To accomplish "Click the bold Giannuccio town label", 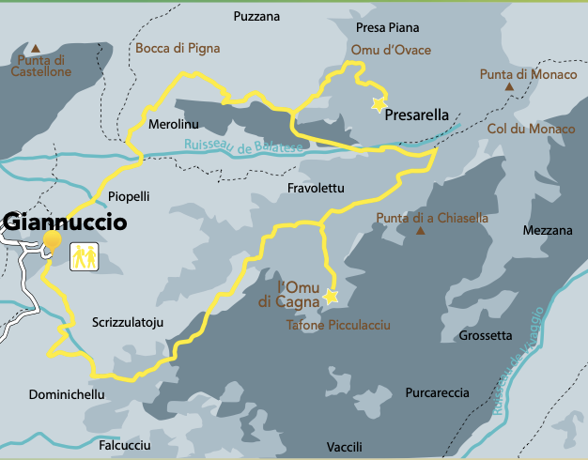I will (65, 222).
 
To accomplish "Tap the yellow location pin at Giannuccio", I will (53, 241).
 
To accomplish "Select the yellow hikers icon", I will (85, 254).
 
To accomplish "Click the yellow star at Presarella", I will (379, 105).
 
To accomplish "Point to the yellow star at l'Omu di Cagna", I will (331, 297).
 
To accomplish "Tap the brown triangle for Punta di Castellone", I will (36, 48).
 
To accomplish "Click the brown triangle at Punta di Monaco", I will (510, 87).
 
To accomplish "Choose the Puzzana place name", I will (257, 16).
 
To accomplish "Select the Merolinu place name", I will (172, 125).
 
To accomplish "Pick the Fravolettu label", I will (316, 189).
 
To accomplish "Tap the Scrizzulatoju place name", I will (129, 322).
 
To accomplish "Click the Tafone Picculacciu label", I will (338, 326).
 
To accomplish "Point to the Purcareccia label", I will (438, 392).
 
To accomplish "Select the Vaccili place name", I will (344, 445).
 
